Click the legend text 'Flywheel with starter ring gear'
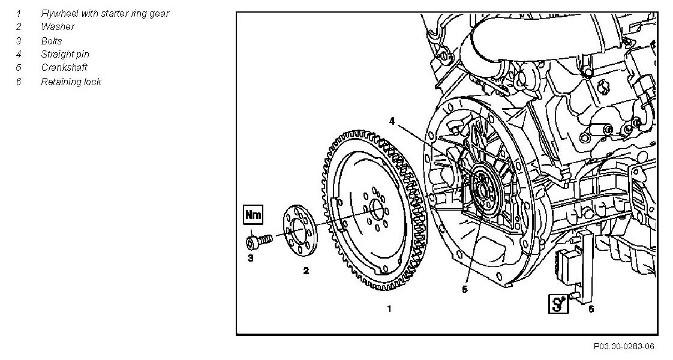pyautogui.click(x=105, y=13)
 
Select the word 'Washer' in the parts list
pyautogui.click(x=58, y=26)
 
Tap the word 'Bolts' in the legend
pyautogui.click(x=52, y=41)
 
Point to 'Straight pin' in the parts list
pyautogui.click(x=65, y=54)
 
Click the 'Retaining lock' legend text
pyautogui.click(x=71, y=82)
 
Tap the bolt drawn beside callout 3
pyautogui.click(x=259, y=241)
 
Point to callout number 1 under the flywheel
pyautogui.click(x=389, y=309)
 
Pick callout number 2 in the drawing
pyautogui.click(x=305, y=271)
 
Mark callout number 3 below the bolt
pyautogui.click(x=251, y=258)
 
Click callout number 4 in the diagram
pyautogui.click(x=391, y=121)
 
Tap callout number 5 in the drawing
pyautogui.click(x=464, y=289)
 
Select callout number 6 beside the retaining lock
pyautogui.click(x=591, y=308)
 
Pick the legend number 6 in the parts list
pyautogui.click(x=19, y=82)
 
